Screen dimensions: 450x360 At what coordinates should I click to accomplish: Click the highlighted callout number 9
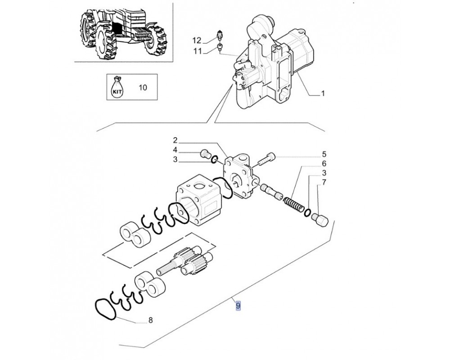tap(238, 306)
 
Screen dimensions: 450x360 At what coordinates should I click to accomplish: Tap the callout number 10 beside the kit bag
tap(143, 87)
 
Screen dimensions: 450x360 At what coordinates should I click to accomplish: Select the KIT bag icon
tap(117, 87)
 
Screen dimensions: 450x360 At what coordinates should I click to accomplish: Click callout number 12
tap(197, 40)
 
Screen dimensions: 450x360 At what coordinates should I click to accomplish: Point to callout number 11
tap(198, 51)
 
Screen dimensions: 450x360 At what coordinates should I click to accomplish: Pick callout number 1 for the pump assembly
tap(323, 93)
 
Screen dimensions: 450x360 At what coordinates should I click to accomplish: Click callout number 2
tap(175, 140)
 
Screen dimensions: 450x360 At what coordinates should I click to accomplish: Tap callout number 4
tap(175, 150)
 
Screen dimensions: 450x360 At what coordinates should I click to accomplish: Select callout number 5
tap(324, 154)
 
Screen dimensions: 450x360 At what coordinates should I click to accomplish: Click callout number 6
tap(324, 164)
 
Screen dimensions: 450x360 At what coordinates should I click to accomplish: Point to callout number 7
tap(324, 182)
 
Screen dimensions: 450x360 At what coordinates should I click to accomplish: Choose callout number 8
tap(151, 320)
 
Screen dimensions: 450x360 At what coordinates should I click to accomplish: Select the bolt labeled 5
tap(266, 159)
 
